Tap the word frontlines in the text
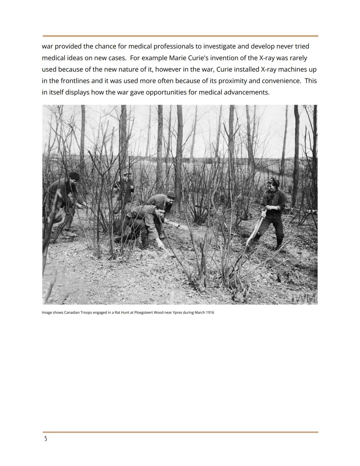coord(74,81)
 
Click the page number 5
coord(46,439)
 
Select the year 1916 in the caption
coord(210,313)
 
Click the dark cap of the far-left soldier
coord(74,176)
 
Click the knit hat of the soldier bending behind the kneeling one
coord(171,194)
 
